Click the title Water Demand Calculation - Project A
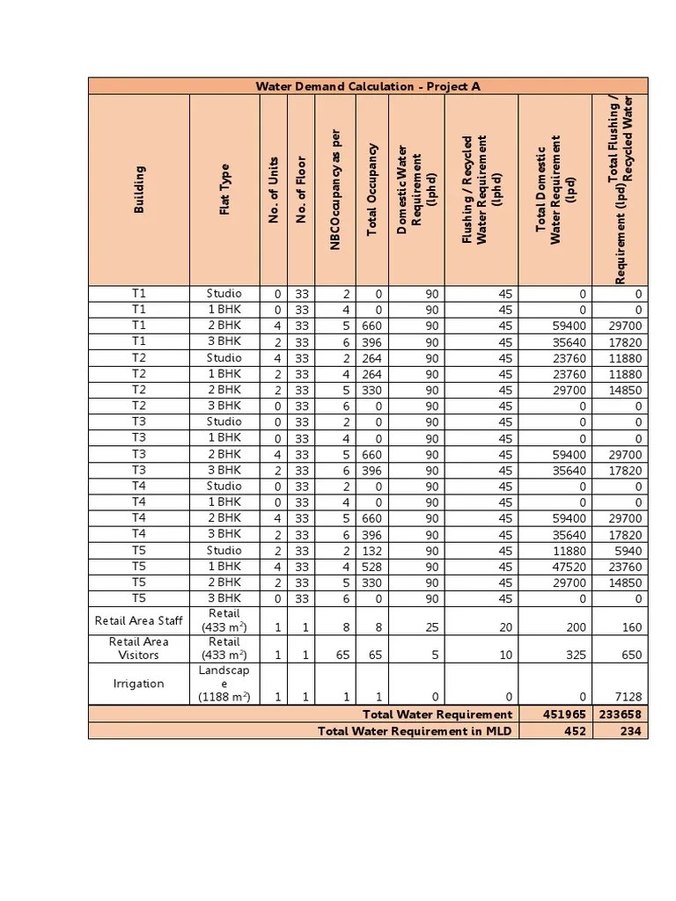coord(368,86)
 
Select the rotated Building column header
coord(139,190)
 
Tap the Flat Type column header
coord(224,190)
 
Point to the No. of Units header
coord(274,190)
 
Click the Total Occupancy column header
coord(372,190)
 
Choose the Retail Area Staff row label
coord(139,620)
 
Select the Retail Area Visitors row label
coord(139,648)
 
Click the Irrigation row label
coord(139,684)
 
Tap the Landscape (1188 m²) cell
coord(224,684)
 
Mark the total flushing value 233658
coord(620,714)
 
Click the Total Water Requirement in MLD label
coord(415,731)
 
